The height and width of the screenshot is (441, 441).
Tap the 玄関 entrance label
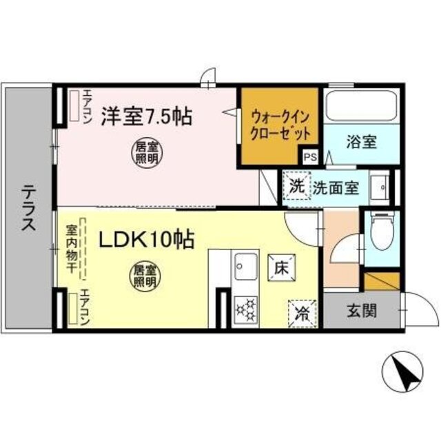pos(361,311)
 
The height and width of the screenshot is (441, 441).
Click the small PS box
pos(311,156)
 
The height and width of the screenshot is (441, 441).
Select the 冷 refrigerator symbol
pos(302,314)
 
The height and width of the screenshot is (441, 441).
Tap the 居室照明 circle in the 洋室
pos(143,152)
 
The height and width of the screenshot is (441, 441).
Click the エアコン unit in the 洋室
pos(73,105)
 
